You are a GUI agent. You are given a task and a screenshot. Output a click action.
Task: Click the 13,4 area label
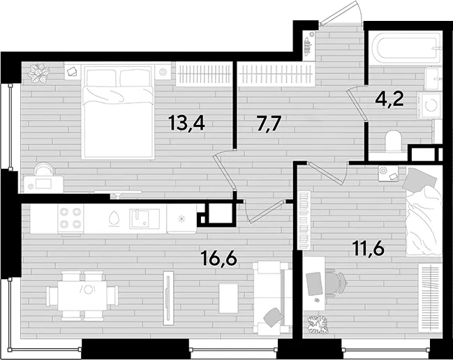pyautogui.click(x=186, y=123)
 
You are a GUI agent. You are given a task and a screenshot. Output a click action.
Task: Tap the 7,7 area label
pyautogui.click(x=269, y=123)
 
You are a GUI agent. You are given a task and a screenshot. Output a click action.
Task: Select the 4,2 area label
pyautogui.click(x=389, y=99)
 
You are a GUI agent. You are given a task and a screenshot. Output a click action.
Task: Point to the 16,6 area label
pyautogui.click(x=220, y=258)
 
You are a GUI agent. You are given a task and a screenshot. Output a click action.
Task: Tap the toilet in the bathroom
pyautogui.click(x=393, y=141)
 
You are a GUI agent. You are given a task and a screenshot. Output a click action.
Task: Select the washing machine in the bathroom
pyautogui.click(x=429, y=105)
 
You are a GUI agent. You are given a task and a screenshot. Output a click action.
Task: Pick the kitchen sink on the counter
pyautogui.click(x=144, y=218)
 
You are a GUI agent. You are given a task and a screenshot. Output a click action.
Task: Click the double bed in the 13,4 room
pyautogui.click(x=117, y=112)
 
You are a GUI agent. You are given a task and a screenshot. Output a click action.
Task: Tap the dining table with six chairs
pyautogui.click(x=82, y=295)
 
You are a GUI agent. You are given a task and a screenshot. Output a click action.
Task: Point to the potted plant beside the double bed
pyautogui.click(x=38, y=73)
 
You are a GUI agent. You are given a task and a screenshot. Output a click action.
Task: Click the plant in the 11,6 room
pyautogui.click(x=318, y=324)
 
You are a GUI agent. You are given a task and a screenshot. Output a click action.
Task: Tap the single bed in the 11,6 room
pyautogui.click(x=424, y=211)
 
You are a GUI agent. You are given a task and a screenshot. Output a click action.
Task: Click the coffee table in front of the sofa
pyautogui.click(x=228, y=298)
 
